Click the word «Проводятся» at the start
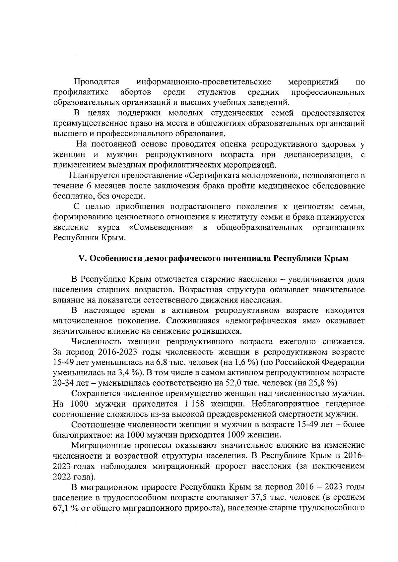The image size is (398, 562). pos(97,82)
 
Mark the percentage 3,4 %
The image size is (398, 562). pos(131,372)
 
